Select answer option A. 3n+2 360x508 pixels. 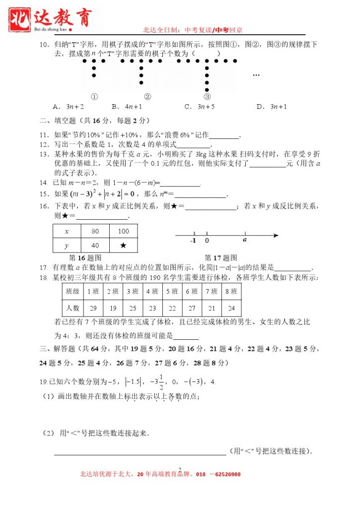(68, 106)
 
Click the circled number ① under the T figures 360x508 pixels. (94, 97)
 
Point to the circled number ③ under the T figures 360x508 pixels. (208, 97)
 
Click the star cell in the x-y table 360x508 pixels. (124, 246)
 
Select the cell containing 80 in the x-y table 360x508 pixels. (95, 231)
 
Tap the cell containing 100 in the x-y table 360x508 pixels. (124, 231)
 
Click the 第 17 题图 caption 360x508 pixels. (221, 257)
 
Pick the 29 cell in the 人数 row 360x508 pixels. (93, 308)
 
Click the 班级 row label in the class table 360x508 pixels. (72, 291)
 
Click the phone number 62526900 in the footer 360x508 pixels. (225, 474)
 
